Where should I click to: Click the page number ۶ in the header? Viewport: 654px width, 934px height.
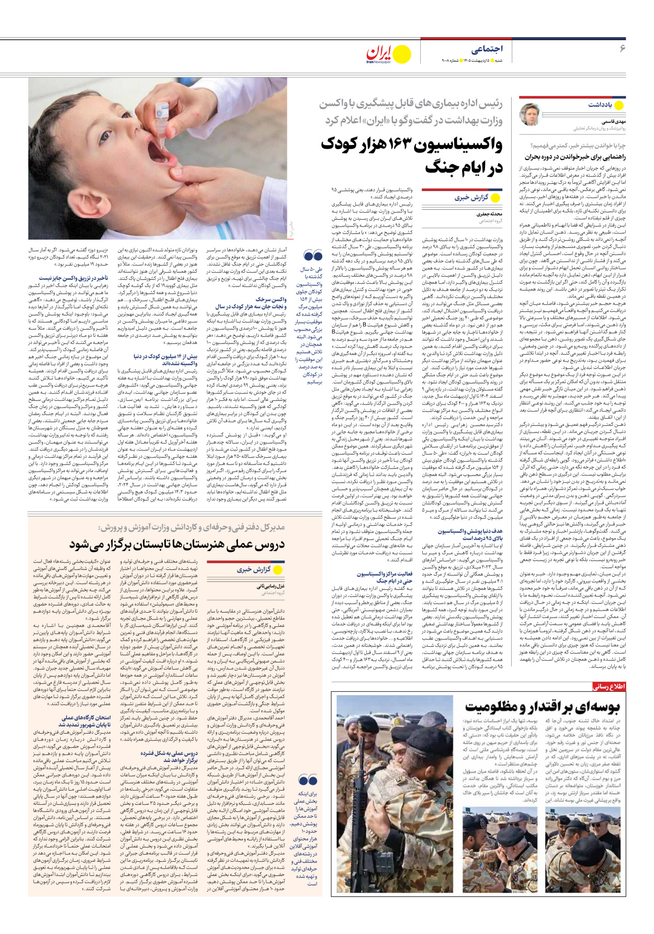coord(622,49)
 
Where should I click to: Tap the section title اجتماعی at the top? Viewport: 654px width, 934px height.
coord(486,49)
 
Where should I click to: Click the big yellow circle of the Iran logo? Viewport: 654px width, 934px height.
coord(402,54)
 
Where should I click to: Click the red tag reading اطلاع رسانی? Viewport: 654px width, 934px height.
coord(608,687)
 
